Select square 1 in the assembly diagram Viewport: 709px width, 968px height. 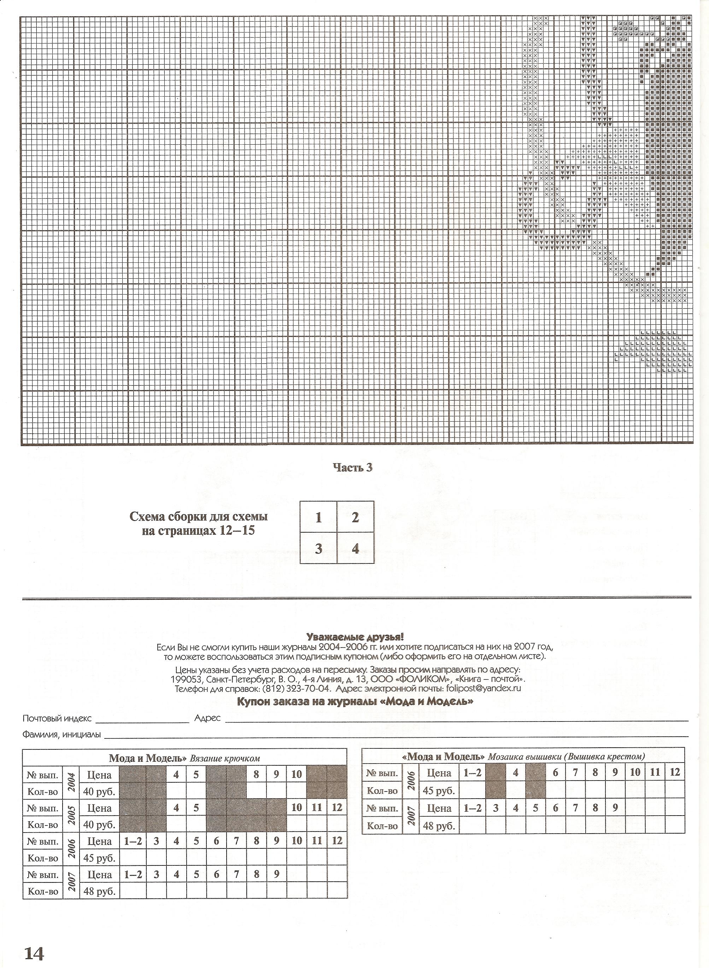click(318, 517)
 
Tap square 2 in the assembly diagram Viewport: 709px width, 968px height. click(355, 517)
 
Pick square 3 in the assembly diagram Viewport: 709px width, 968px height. click(318, 549)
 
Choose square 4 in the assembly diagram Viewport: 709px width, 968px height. click(355, 549)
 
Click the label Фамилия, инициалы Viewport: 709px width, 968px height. click(62, 734)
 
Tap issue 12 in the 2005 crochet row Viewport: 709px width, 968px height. click(336, 807)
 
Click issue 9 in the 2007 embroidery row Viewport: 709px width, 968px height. click(615, 808)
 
